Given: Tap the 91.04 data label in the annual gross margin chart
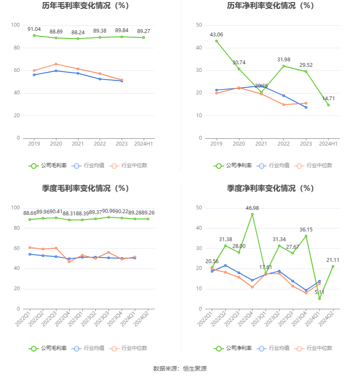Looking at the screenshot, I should click(34, 29).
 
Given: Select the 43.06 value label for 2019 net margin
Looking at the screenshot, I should click(216, 34).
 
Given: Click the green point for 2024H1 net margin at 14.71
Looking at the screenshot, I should click(328, 105).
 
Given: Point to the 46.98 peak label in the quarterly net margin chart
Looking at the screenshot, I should click(252, 208).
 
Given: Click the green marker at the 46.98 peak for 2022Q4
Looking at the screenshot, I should click(252, 214).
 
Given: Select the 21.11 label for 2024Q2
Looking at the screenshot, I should click(333, 260).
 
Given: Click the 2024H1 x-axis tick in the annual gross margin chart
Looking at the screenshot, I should click(144, 144).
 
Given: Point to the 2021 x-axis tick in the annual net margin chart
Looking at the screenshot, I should click(261, 144).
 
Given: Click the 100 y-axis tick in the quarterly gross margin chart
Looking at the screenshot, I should click(15, 208).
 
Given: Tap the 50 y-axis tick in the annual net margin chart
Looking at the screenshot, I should click(199, 25).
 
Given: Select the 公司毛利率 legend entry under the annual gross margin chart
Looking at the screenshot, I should click(48, 165).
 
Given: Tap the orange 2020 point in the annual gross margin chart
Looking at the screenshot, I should click(56, 64).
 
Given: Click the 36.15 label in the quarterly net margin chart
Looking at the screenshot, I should click(306, 230).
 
